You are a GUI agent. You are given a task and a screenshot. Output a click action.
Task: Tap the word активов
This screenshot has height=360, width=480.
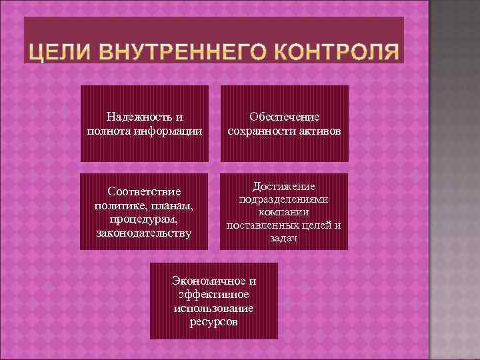click(x=319, y=130)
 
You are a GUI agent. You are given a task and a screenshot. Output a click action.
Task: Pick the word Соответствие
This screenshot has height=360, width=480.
click(x=144, y=192)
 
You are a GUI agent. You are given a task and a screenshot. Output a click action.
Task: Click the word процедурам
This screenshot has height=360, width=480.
click(x=144, y=219)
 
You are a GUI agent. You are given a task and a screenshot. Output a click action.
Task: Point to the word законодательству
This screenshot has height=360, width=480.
click(x=144, y=233)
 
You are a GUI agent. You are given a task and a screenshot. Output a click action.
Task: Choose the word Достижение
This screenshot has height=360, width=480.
click(x=284, y=186)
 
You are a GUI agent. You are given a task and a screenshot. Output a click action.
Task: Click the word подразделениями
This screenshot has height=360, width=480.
click(x=284, y=199)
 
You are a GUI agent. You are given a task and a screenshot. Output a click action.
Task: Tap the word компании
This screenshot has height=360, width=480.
click(x=284, y=212)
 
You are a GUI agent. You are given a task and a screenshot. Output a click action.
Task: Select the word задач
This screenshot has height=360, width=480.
click(x=284, y=237)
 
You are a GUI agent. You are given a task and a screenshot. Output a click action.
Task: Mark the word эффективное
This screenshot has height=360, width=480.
click(x=214, y=295)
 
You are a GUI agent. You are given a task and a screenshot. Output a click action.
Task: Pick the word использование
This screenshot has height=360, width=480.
click(x=214, y=308)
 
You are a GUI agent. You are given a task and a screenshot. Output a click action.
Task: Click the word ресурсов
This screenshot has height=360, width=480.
click(x=214, y=321)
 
